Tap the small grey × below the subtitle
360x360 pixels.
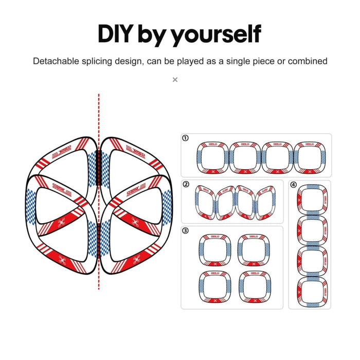click(x=175, y=79)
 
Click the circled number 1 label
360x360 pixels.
click(x=185, y=138)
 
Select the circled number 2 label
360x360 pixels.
click(x=185, y=184)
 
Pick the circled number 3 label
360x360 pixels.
click(x=185, y=230)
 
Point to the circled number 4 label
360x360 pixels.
click(x=293, y=185)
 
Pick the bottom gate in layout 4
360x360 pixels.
click(x=312, y=292)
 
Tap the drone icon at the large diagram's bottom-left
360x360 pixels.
click(x=63, y=260)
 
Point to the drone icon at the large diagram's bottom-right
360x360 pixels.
click(x=136, y=260)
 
